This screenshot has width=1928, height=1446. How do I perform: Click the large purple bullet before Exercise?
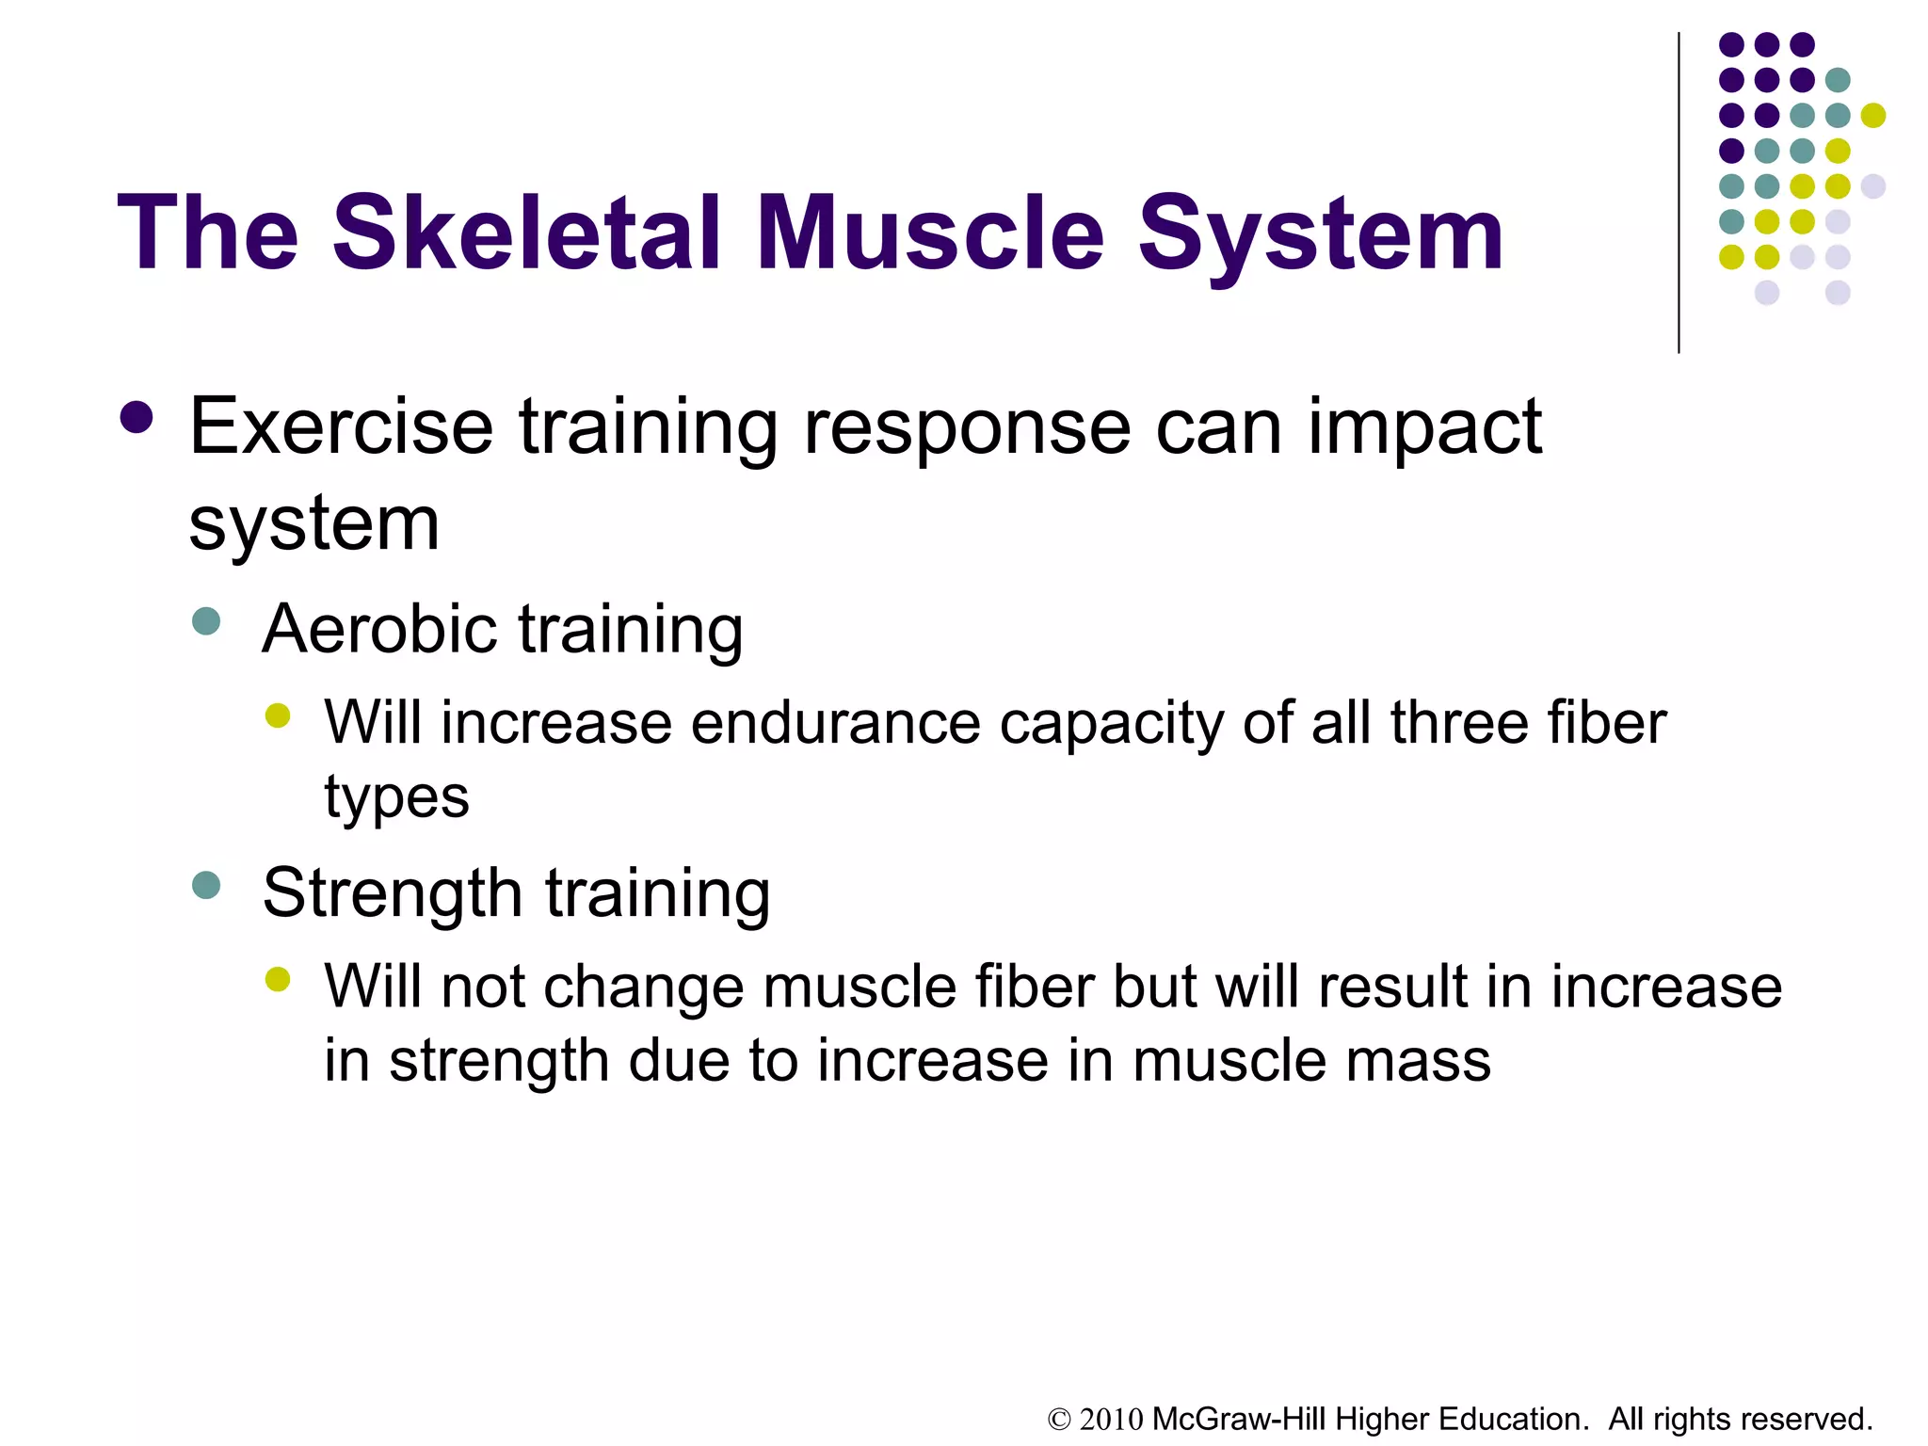[137, 418]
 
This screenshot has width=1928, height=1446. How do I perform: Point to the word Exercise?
[341, 427]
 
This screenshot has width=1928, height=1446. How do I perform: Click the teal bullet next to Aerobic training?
[206, 621]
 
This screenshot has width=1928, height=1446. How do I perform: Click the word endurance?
[836, 723]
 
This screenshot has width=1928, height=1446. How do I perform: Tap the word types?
[396, 798]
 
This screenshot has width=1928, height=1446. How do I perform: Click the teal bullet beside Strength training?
[206, 885]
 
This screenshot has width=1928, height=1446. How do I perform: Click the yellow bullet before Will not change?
[278, 980]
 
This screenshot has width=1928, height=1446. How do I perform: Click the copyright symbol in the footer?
[1059, 1420]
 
